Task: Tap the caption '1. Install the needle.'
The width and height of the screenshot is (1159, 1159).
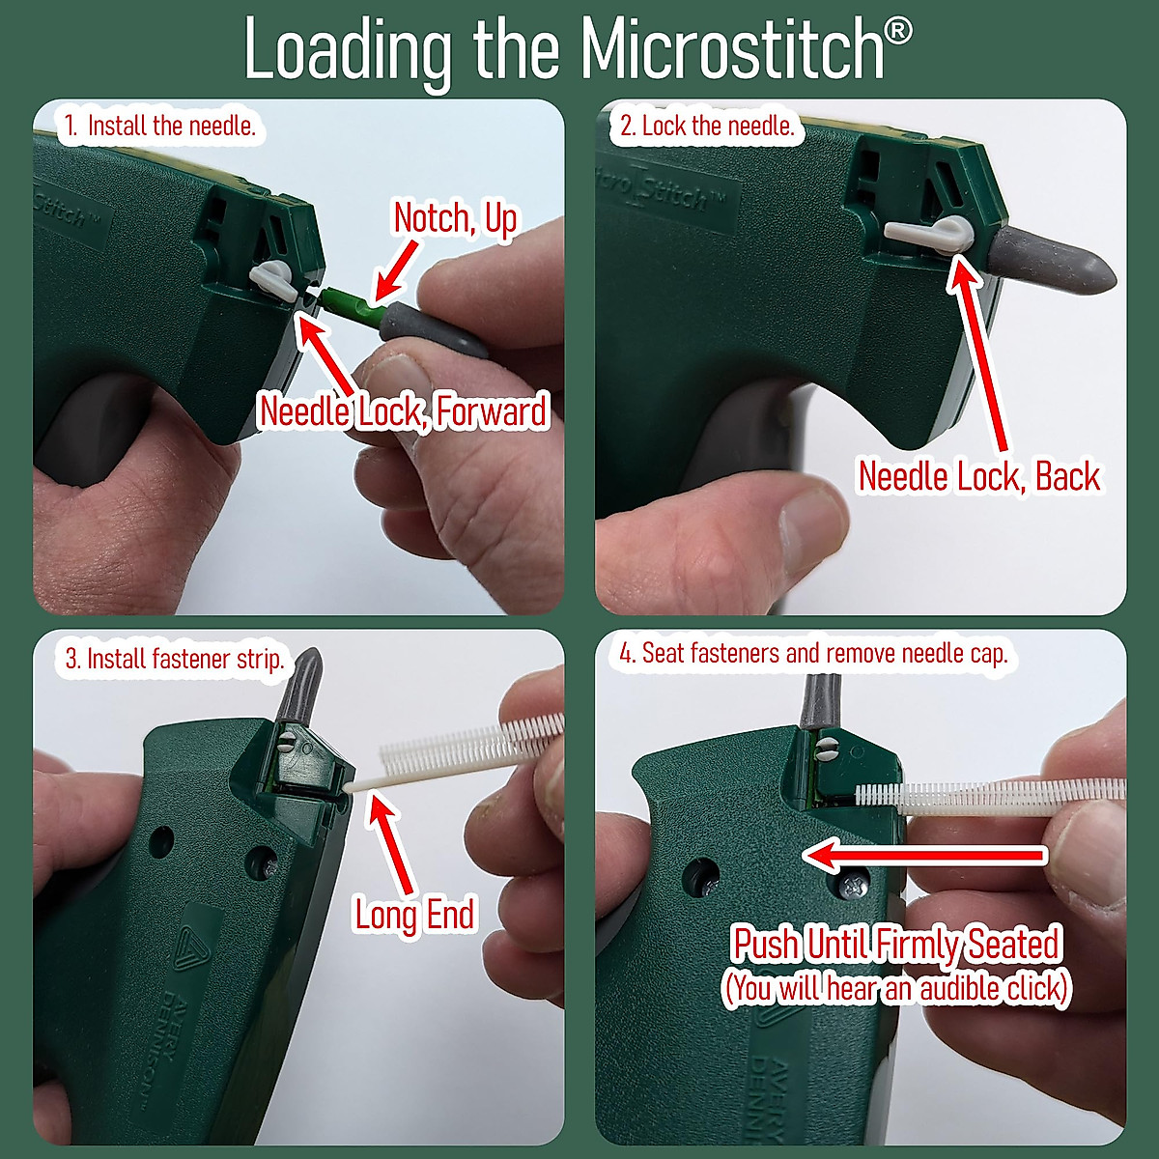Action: [161, 126]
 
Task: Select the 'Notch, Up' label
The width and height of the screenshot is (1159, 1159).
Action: [455, 219]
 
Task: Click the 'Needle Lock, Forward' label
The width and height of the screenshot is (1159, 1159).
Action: [404, 411]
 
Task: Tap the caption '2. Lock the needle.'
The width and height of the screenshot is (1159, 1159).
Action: [707, 126]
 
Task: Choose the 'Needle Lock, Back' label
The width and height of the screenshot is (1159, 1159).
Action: [978, 476]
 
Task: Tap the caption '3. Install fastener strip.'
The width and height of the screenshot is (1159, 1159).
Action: [175, 660]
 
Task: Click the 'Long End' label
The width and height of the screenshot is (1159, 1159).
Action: [415, 914]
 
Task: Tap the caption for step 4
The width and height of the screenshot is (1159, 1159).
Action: [813, 654]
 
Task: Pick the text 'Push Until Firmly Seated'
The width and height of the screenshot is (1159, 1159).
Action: [896, 944]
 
